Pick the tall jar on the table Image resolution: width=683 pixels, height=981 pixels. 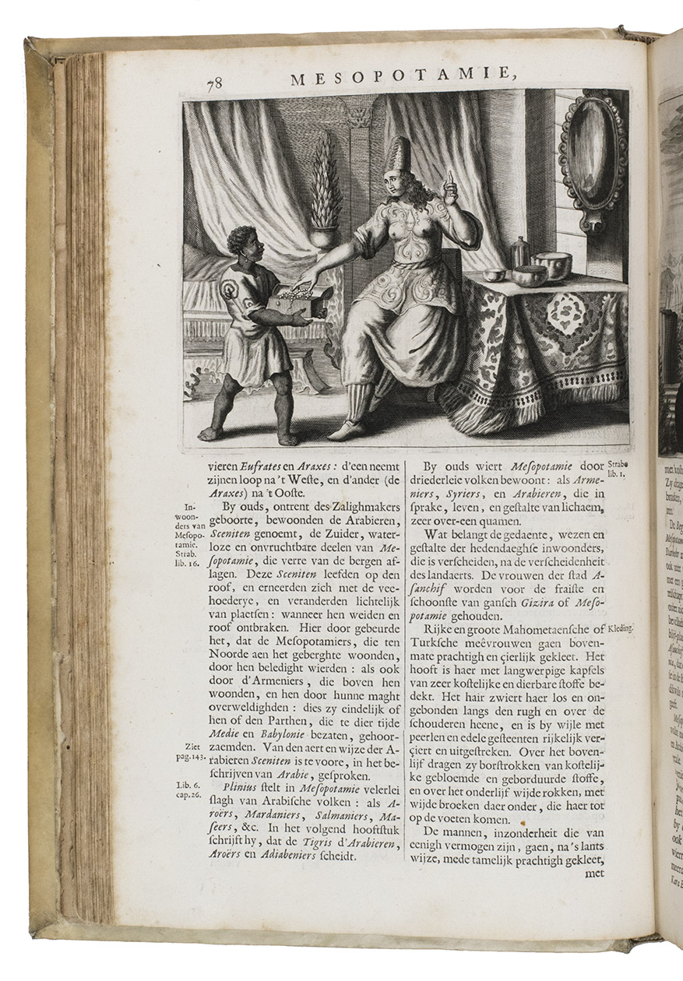tap(519, 253)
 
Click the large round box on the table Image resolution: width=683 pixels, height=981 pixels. tap(551, 265)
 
